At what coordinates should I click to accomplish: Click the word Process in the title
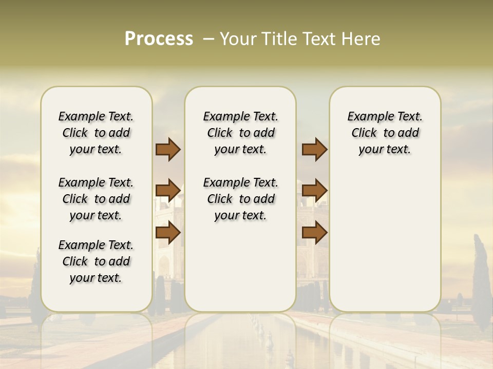tap(159, 39)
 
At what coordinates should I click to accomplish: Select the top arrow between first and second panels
tap(168, 149)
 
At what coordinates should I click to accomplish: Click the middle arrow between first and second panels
tap(168, 191)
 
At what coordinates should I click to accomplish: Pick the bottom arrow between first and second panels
tap(168, 233)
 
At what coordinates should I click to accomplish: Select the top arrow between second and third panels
tap(314, 149)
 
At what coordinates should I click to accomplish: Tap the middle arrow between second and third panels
tap(314, 191)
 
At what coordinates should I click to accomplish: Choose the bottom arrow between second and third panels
tap(314, 233)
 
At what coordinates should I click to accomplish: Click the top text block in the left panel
tap(96, 133)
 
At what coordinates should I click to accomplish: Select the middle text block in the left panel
tap(96, 199)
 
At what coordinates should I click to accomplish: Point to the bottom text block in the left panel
tap(96, 261)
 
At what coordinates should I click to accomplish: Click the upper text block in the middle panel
tap(240, 133)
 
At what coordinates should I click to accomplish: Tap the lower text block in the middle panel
tap(240, 199)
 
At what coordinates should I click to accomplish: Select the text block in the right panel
tap(385, 133)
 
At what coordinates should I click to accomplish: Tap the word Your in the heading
tap(237, 39)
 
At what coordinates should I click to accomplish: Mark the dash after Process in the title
tap(208, 39)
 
